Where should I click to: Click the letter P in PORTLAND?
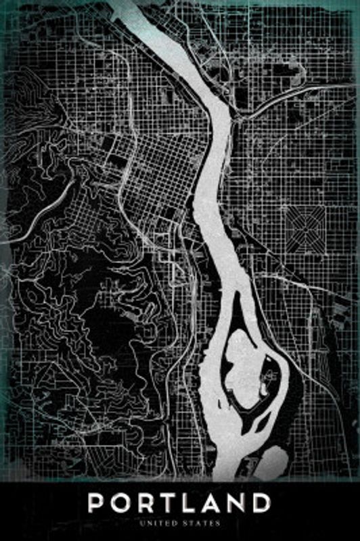99,503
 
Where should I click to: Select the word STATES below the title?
200,522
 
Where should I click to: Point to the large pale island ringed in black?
250,365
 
